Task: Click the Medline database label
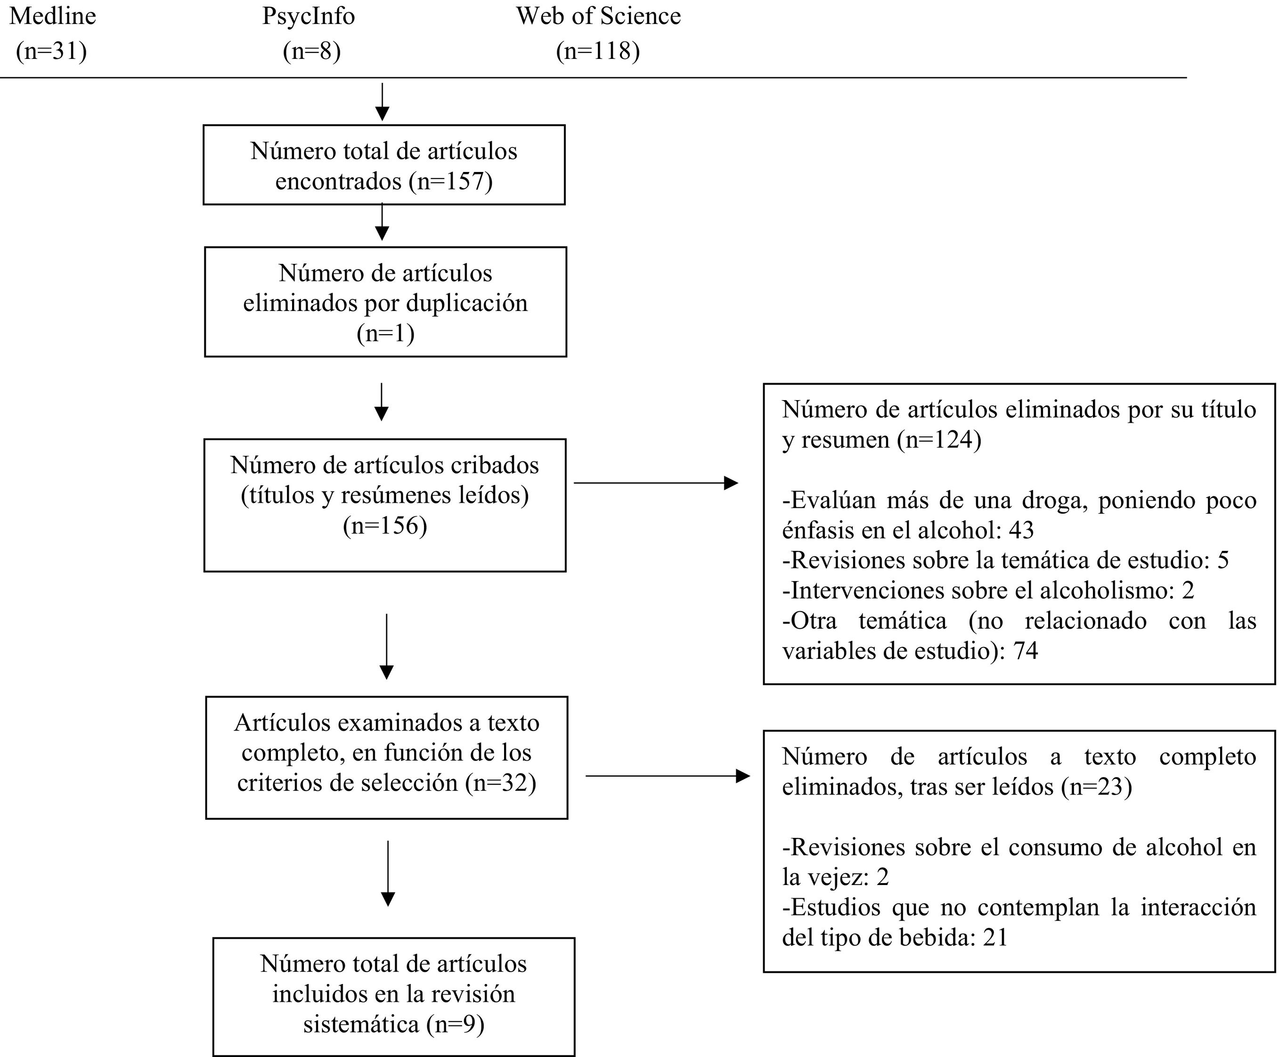tap(53, 16)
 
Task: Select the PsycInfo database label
tap(308, 16)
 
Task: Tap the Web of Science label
tap(598, 16)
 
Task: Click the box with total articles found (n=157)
tap(383, 165)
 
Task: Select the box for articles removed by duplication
tap(385, 302)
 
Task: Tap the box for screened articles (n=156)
tap(385, 505)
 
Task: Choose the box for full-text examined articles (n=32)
tap(387, 757)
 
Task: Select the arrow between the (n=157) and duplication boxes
tap(382, 222)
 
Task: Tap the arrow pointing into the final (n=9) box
tap(388, 874)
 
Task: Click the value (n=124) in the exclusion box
tap(939, 440)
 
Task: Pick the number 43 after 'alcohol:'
tap(1021, 530)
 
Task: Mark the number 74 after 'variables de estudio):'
tap(1026, 651)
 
